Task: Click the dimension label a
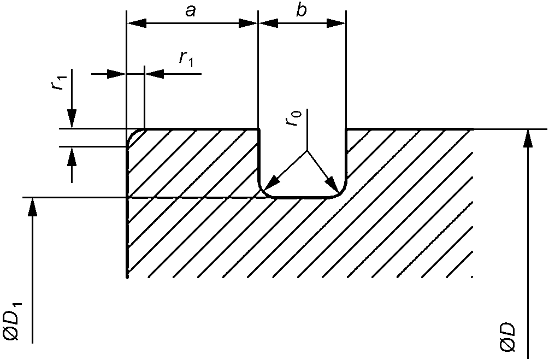(x=190, y=11)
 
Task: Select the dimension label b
(x=301, y=11)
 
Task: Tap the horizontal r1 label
(x=186, y=58)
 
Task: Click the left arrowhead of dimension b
(x=267, y=23)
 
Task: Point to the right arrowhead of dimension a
(x=249, y=23)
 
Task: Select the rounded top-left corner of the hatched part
(x=132, y=134)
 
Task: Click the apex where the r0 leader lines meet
(x=306, y=151)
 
